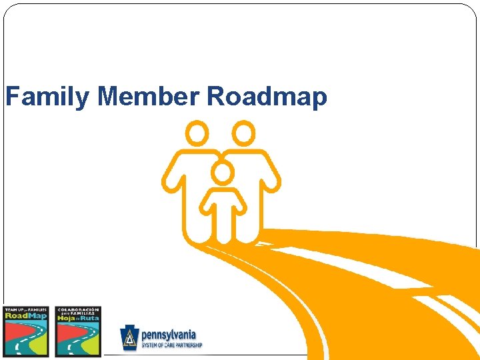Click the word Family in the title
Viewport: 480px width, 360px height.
[47, 97]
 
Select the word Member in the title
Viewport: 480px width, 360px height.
[147, 97]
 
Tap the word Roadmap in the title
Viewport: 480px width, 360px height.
[267, 97]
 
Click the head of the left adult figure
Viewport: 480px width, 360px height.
[197, 133]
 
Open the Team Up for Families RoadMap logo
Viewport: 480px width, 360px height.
[26, 331]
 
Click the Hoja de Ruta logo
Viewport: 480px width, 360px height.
[78, 331]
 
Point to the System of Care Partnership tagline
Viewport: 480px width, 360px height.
[171, 345]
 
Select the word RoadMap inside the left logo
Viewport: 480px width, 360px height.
[26, 316]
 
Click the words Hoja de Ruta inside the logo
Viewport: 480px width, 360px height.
[78, 317]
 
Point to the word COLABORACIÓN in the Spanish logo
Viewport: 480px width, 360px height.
[79, 309]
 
